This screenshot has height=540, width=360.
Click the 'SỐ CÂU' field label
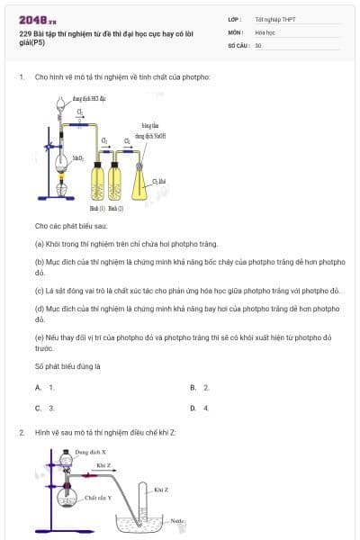(x=238, y=45)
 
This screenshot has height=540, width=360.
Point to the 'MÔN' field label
(x=236, y=31)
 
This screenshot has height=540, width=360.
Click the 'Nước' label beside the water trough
(x=176, y=520)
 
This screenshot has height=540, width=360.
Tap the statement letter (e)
(x=40, y=338)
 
